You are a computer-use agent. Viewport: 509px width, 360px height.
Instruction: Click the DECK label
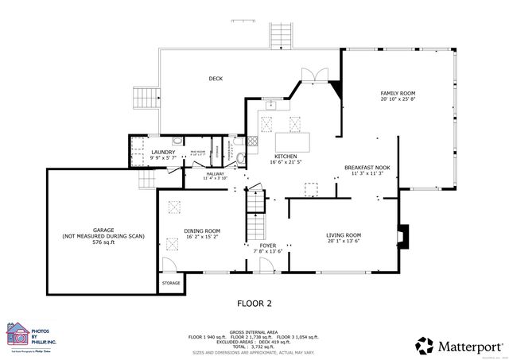tap(216, 79)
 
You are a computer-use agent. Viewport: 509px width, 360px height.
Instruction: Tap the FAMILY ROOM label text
tap(398, 94)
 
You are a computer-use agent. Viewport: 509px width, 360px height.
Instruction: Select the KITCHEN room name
tap(286, 157)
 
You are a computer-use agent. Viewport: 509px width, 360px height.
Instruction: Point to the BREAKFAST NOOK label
tap(367, 168)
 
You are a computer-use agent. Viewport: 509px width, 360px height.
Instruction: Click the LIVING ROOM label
tap(344, 235)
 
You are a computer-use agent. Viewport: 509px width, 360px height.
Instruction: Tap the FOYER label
tap(268, 246)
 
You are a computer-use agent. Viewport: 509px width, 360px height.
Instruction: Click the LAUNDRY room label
tap(163, 152)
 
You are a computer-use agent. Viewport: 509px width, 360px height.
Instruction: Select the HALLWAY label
tap(215, 173)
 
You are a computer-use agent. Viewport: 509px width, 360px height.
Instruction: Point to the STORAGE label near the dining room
tap(171, 283)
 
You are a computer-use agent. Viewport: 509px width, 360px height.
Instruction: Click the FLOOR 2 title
tap(254, 304)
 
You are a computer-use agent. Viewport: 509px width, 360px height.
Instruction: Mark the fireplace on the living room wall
tap(403, 235)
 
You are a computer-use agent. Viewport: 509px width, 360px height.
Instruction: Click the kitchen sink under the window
tap(271, 104)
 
